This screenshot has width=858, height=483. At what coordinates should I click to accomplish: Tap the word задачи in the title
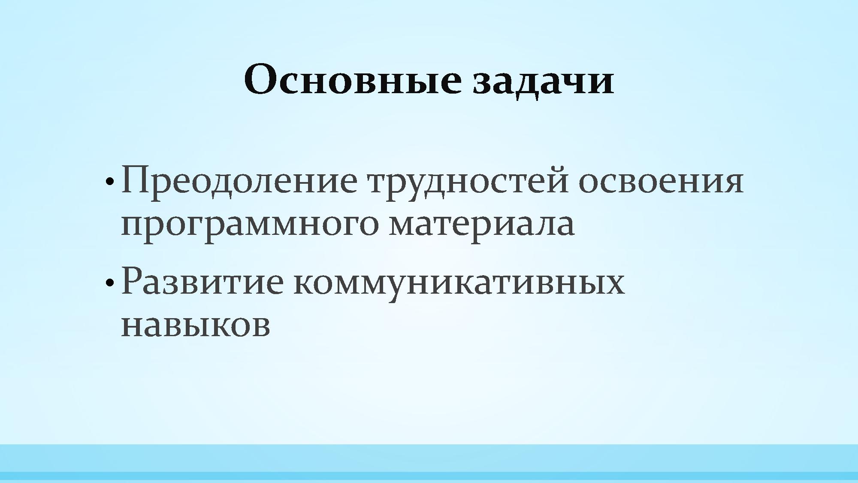point(543,82)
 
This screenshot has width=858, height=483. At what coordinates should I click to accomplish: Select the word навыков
point(196,326)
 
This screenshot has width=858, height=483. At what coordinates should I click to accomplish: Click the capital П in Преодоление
point(136,180)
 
